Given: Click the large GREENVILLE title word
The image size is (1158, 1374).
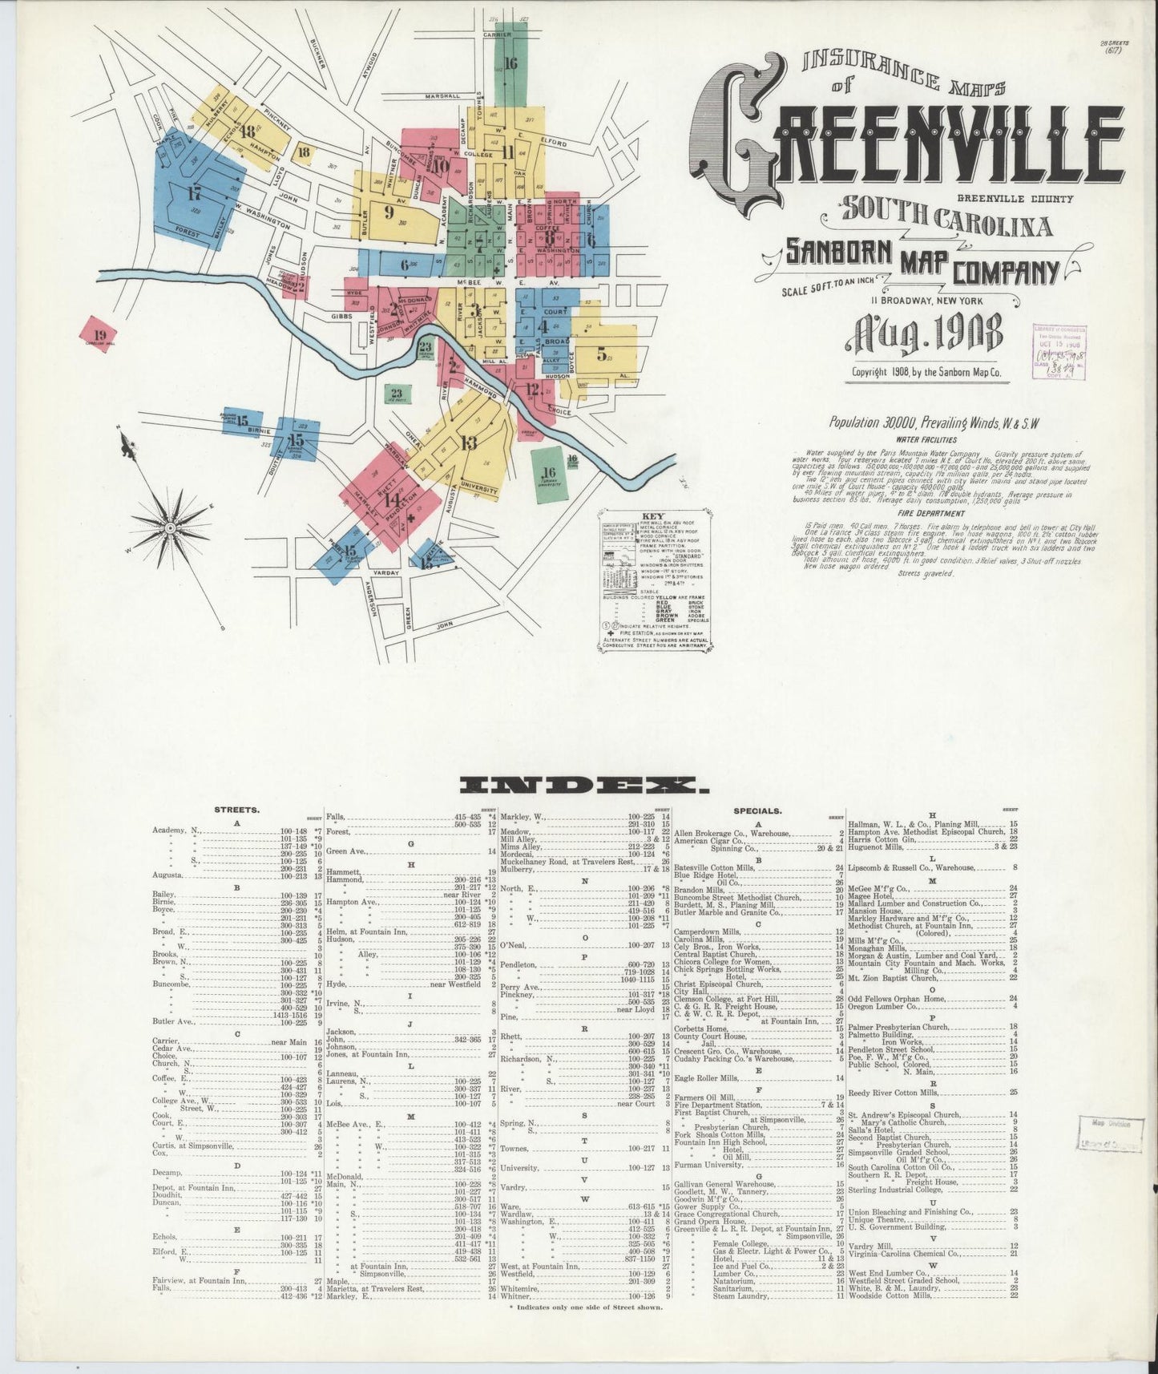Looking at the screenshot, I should (906, 144).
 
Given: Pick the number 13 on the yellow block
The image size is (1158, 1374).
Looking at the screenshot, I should (469, 442).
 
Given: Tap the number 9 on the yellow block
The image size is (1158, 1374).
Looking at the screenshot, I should (389, 212).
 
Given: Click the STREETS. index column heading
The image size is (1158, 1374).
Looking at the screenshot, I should (236, 810).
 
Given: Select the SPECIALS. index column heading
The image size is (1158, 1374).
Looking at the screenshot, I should (757, 810).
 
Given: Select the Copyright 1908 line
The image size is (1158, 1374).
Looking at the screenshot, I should (927, 372).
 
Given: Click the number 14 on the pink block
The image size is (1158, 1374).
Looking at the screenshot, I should (393, 499).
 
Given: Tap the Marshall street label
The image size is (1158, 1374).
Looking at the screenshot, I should (442, 95).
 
